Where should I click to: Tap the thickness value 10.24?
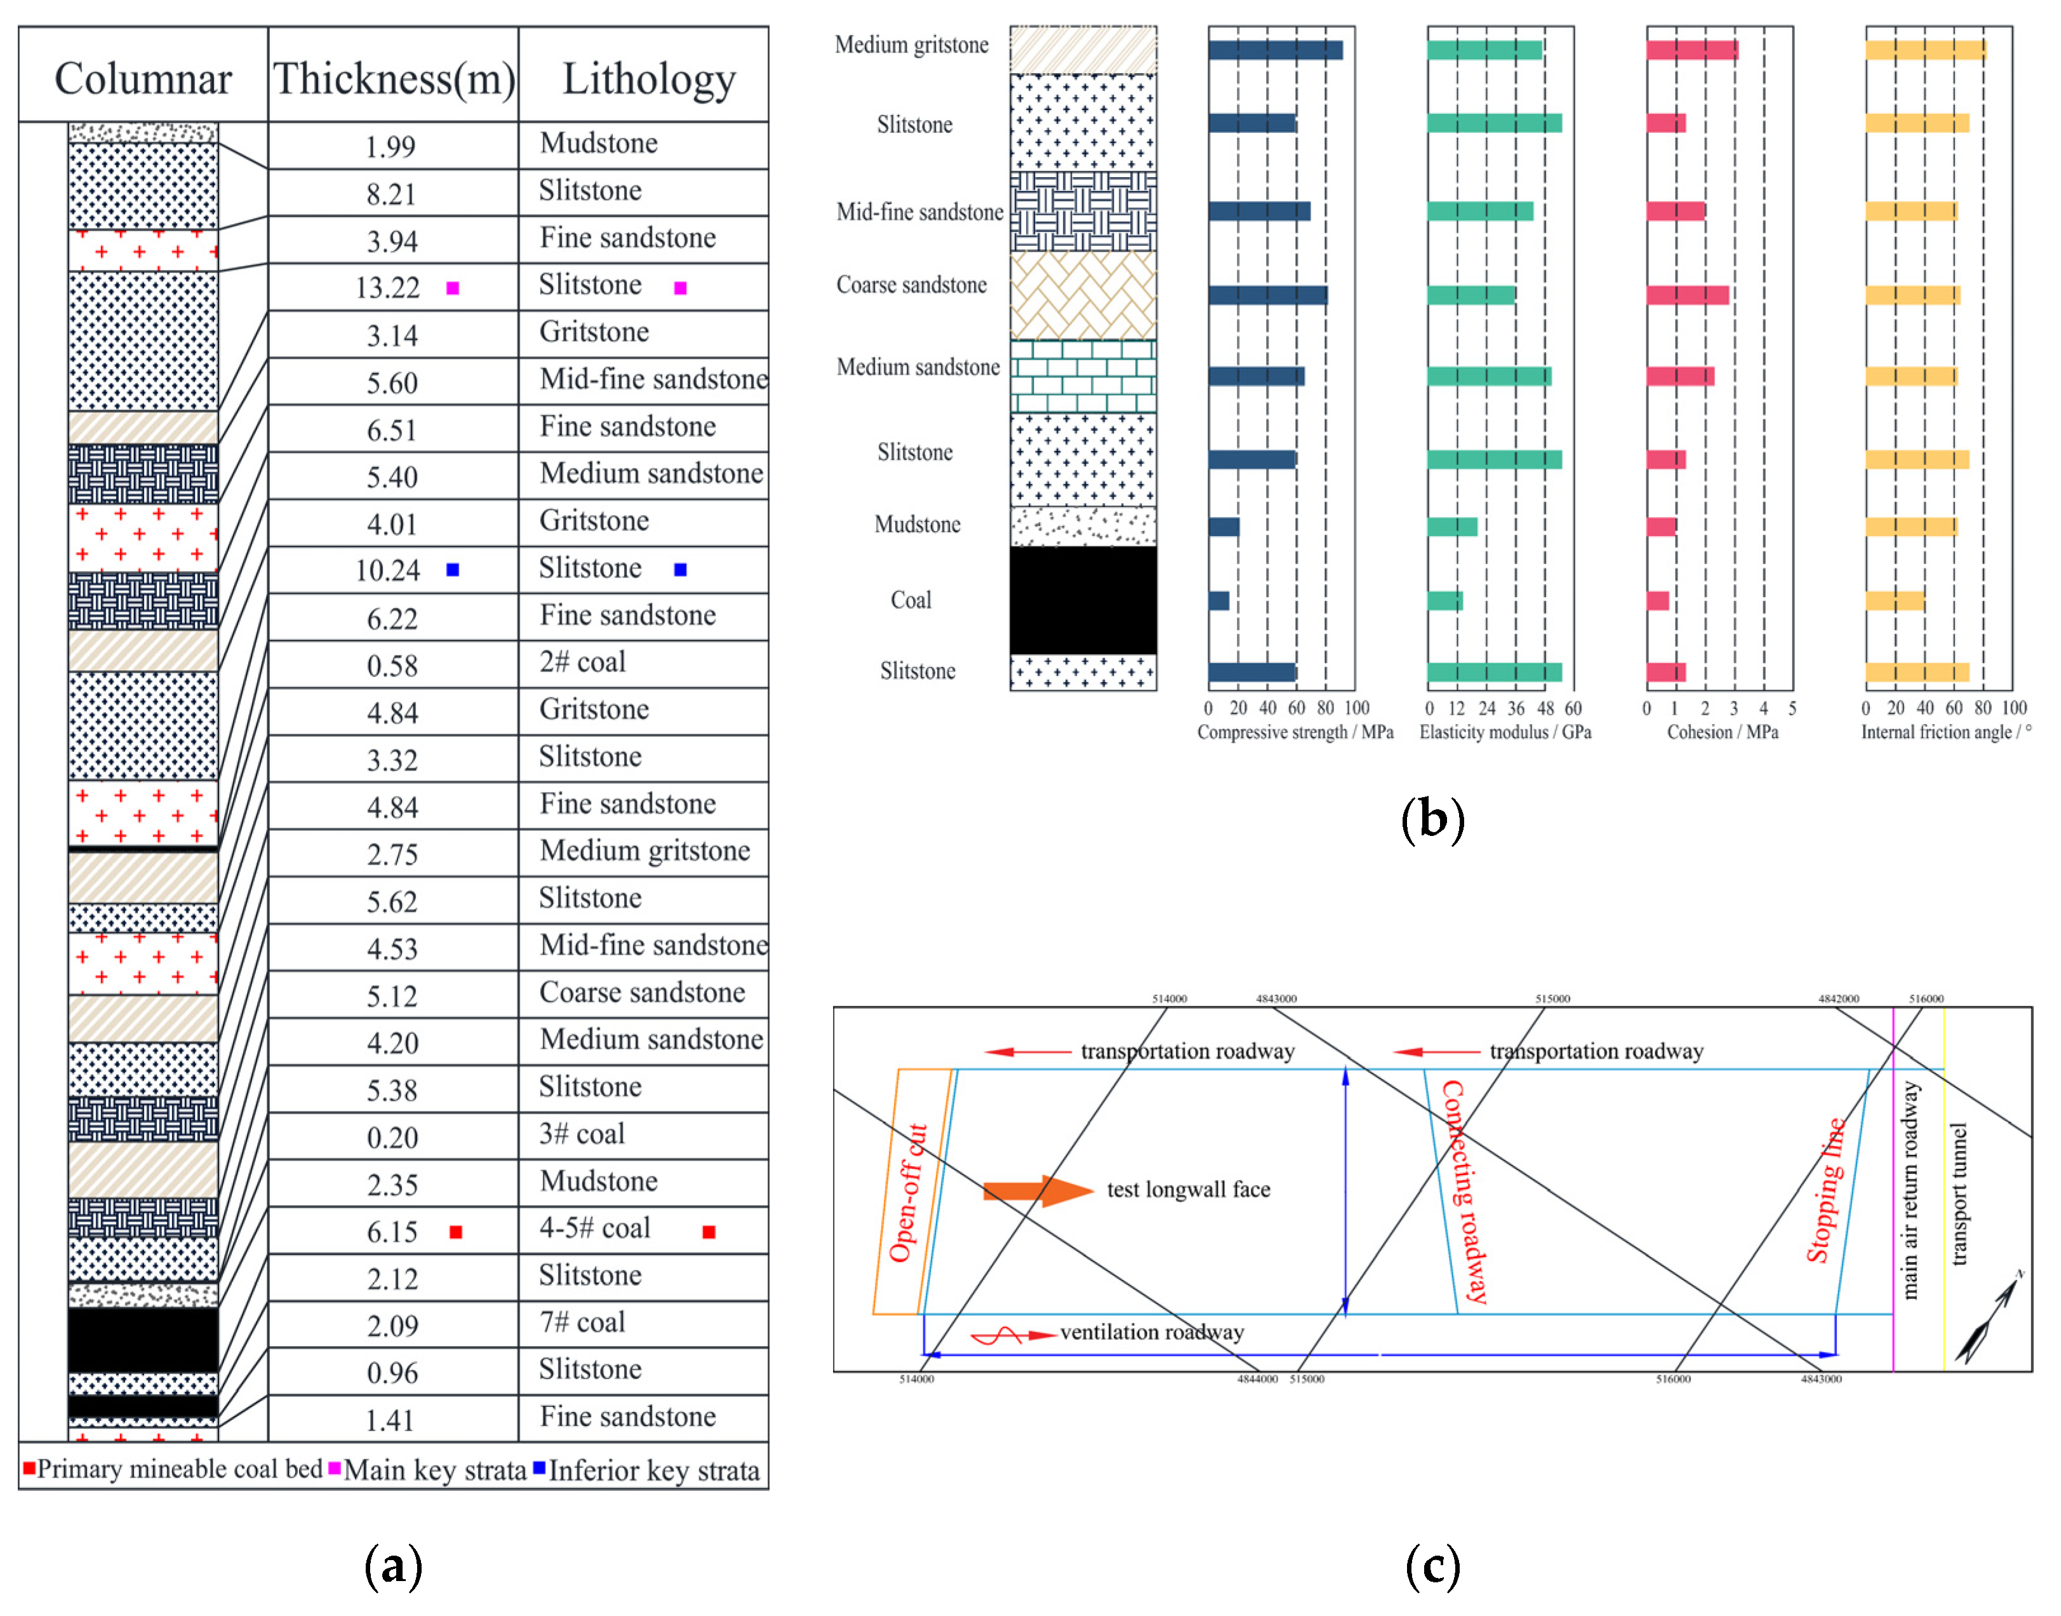tap(388, 570)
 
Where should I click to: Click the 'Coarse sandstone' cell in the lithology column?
tap(642, 992)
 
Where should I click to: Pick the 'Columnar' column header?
tap(143, 79)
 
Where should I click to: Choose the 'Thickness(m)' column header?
tap(394, 79)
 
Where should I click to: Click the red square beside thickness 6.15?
tap(456, 1232)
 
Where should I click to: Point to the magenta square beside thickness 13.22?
tap(453, 288)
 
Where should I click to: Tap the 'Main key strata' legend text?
tap(434, 1471)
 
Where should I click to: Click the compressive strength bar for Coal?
tap(1218, 601)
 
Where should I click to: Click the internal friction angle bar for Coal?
tap(1895, 601)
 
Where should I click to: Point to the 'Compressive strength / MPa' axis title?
tap(1295, 732)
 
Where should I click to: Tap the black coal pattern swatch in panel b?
tap(1083, 600)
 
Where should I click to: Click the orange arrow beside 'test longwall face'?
tap(1037, 1191)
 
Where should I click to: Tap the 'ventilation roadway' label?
tap(1152, 1332)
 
